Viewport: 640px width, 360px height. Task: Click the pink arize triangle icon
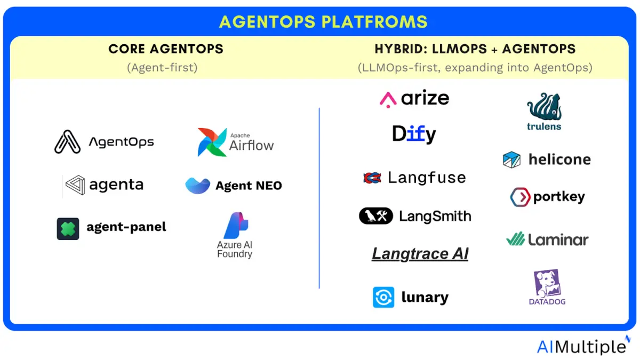point(388,100)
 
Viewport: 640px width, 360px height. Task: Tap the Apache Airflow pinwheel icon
point(212,142)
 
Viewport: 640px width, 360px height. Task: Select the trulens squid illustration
point(545,106)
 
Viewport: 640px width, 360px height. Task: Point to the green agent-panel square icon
point(68,229)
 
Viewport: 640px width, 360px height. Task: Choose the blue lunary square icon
point(383,297)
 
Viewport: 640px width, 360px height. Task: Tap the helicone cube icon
point(511,159)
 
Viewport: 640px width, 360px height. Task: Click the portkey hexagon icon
point(521,197)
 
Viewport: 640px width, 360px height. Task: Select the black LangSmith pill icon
point(375,215)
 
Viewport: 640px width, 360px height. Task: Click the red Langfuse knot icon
point(372,178)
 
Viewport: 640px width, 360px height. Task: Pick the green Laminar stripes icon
point(515,239)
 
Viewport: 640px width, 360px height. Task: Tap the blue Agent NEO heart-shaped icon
point(197,186)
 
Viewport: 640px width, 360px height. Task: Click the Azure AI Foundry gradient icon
point(236,225)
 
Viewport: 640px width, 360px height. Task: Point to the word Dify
point(414,134)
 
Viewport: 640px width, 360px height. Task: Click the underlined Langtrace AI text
point(420,254)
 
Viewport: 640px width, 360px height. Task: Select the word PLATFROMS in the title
point(374,22)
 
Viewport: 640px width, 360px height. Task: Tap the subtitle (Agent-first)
point(162,68)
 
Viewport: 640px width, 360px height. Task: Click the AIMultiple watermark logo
point(583,346)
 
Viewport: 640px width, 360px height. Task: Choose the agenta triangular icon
point(75,185)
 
